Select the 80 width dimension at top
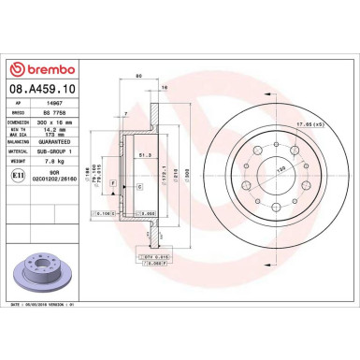coord(138,76)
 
